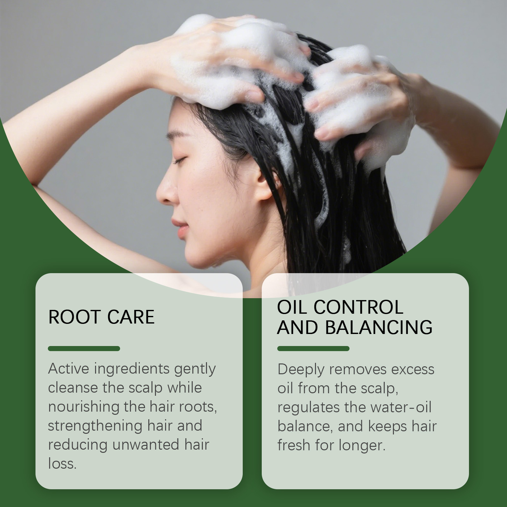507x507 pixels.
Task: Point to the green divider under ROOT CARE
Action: [84, 349]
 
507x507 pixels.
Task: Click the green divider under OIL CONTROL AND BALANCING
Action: [313, 349]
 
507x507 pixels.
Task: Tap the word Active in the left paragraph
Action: [68, 369]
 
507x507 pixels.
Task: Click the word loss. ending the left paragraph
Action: [62, 464]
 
